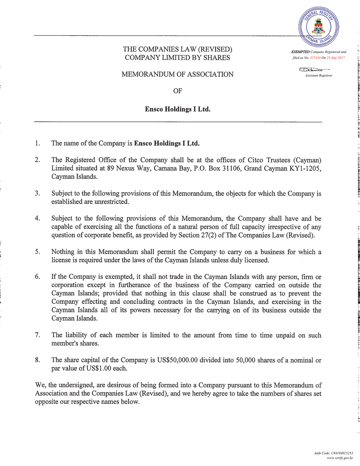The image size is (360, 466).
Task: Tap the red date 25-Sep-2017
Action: (x=336, y=58)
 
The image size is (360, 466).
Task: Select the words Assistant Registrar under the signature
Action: (x=318, y=75)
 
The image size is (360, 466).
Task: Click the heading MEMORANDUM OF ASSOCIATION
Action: (x=178, y=74)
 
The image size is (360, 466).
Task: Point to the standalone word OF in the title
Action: (x=178, y=91)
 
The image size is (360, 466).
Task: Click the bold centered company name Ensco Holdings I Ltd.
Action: (x=178, y=109)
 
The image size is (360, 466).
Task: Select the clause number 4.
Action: (x=37, y=218)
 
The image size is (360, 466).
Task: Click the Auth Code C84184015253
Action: (x=342, y=453)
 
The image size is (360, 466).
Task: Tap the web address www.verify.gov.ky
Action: (x=340, y=458)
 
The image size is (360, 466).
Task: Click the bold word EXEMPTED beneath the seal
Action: (x=300, y=52)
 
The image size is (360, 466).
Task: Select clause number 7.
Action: (x=37, y=335)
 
